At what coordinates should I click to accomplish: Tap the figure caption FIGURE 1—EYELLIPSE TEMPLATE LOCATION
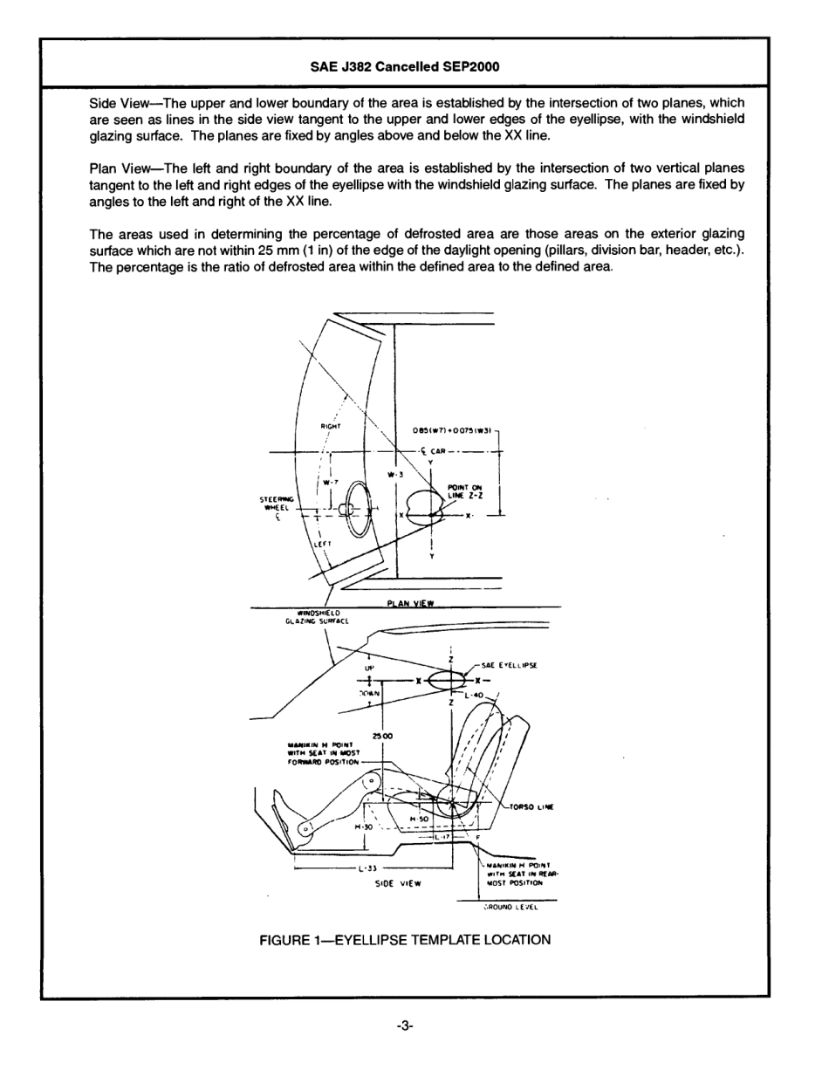(405, 940)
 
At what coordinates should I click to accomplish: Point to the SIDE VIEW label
(398, 883)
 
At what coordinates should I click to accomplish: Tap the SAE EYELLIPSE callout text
(510, 665)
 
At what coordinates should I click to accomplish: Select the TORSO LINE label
(531, 806)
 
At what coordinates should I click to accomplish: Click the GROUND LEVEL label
(511, 907)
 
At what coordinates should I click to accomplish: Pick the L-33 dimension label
(366, 869)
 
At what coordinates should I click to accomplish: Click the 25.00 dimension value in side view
(382, 736)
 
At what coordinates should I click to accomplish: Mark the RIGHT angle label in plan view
(330, 426)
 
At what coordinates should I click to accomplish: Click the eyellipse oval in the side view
(447, 680)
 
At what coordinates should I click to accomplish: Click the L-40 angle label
(475, 695)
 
